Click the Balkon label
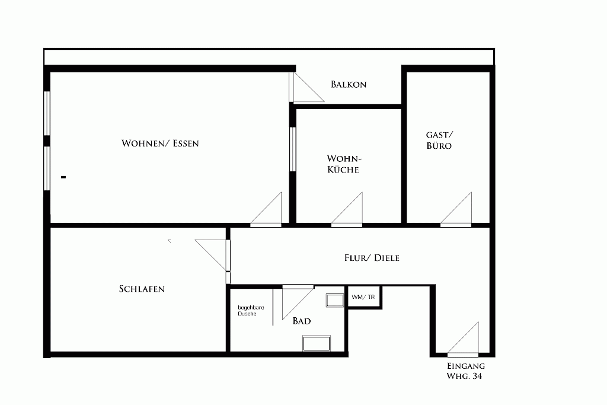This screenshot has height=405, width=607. click(x=349, y=84)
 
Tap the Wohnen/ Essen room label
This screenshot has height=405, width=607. click(x=160, y=143)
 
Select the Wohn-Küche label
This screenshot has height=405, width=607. click(x=344, y=164)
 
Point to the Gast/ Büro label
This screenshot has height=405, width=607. click(x=439, y=140)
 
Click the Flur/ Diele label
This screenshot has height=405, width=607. click(x=372, y=258)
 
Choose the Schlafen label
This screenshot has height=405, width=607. click(x=142, y=289)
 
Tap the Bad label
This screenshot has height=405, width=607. click(x=302, y=321)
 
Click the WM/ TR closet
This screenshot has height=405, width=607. click(x=363, y=297)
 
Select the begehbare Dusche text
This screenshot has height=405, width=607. click(x=251, y=311)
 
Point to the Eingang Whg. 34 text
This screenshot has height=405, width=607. click(x=466, y=371)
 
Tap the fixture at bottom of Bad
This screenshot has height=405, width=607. click(x=317, y=343)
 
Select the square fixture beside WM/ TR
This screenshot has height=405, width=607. click(x=335, y=301)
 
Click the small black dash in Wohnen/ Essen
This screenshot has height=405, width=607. click(x=63, y=177)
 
